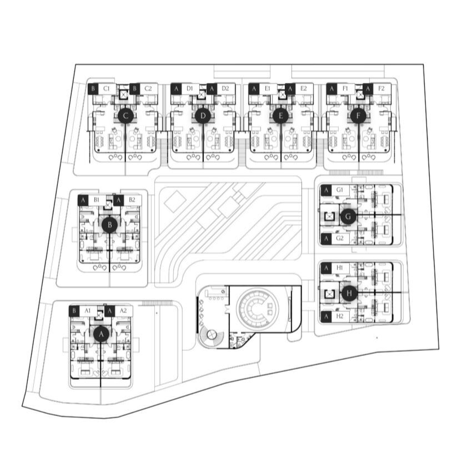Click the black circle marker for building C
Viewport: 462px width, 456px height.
tap(126, 116)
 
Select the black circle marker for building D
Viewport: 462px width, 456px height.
tap(203, 116)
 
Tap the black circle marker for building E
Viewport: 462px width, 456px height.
tap(280, 116)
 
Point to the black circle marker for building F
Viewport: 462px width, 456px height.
tap(358, 116)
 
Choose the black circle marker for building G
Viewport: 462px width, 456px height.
tap(348, 216)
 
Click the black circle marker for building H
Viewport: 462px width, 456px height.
tap(349, 294)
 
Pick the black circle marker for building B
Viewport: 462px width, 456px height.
tap(110, 225)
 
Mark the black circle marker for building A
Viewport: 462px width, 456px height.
tap(102, 334)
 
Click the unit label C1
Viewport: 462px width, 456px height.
tap(107, 88)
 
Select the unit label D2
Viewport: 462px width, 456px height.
tap(225, 88)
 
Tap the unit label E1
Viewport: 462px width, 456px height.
tap(268, 88)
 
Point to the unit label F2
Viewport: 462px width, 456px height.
tap(381, 88)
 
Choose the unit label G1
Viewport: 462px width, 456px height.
tap(340, 190)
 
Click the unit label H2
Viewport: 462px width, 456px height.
tap(340, 316)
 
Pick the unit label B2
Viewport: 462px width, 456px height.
tap(132, 200)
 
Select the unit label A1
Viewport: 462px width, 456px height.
tap(88, 310)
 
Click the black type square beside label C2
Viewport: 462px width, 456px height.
tap(134, 88)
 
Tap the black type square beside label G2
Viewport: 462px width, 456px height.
tap(326, 239)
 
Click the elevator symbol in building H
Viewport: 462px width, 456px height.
tap(329, 294)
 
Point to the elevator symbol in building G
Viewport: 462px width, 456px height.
tap(329, 217)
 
